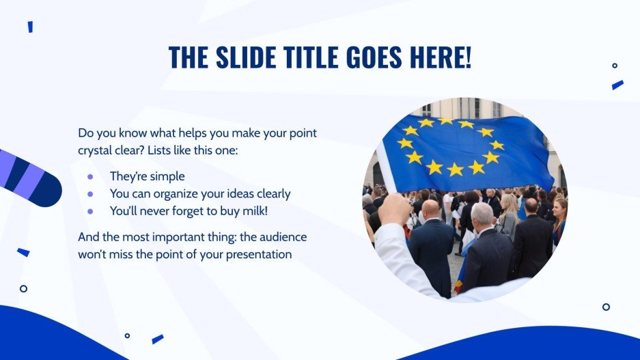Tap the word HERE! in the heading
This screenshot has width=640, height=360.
[439, 58]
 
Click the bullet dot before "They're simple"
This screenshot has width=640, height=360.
[89, 176]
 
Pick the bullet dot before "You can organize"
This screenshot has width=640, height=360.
[89, 194]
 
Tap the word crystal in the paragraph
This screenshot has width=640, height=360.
[97, 149]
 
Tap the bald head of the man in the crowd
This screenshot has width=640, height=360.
[431, 209]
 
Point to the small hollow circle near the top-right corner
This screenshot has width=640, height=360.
[615, 66]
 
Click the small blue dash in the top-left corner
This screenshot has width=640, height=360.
[30, 27]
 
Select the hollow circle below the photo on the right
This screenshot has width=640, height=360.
[606, 307]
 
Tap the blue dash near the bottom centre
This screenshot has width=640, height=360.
[158, 339]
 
